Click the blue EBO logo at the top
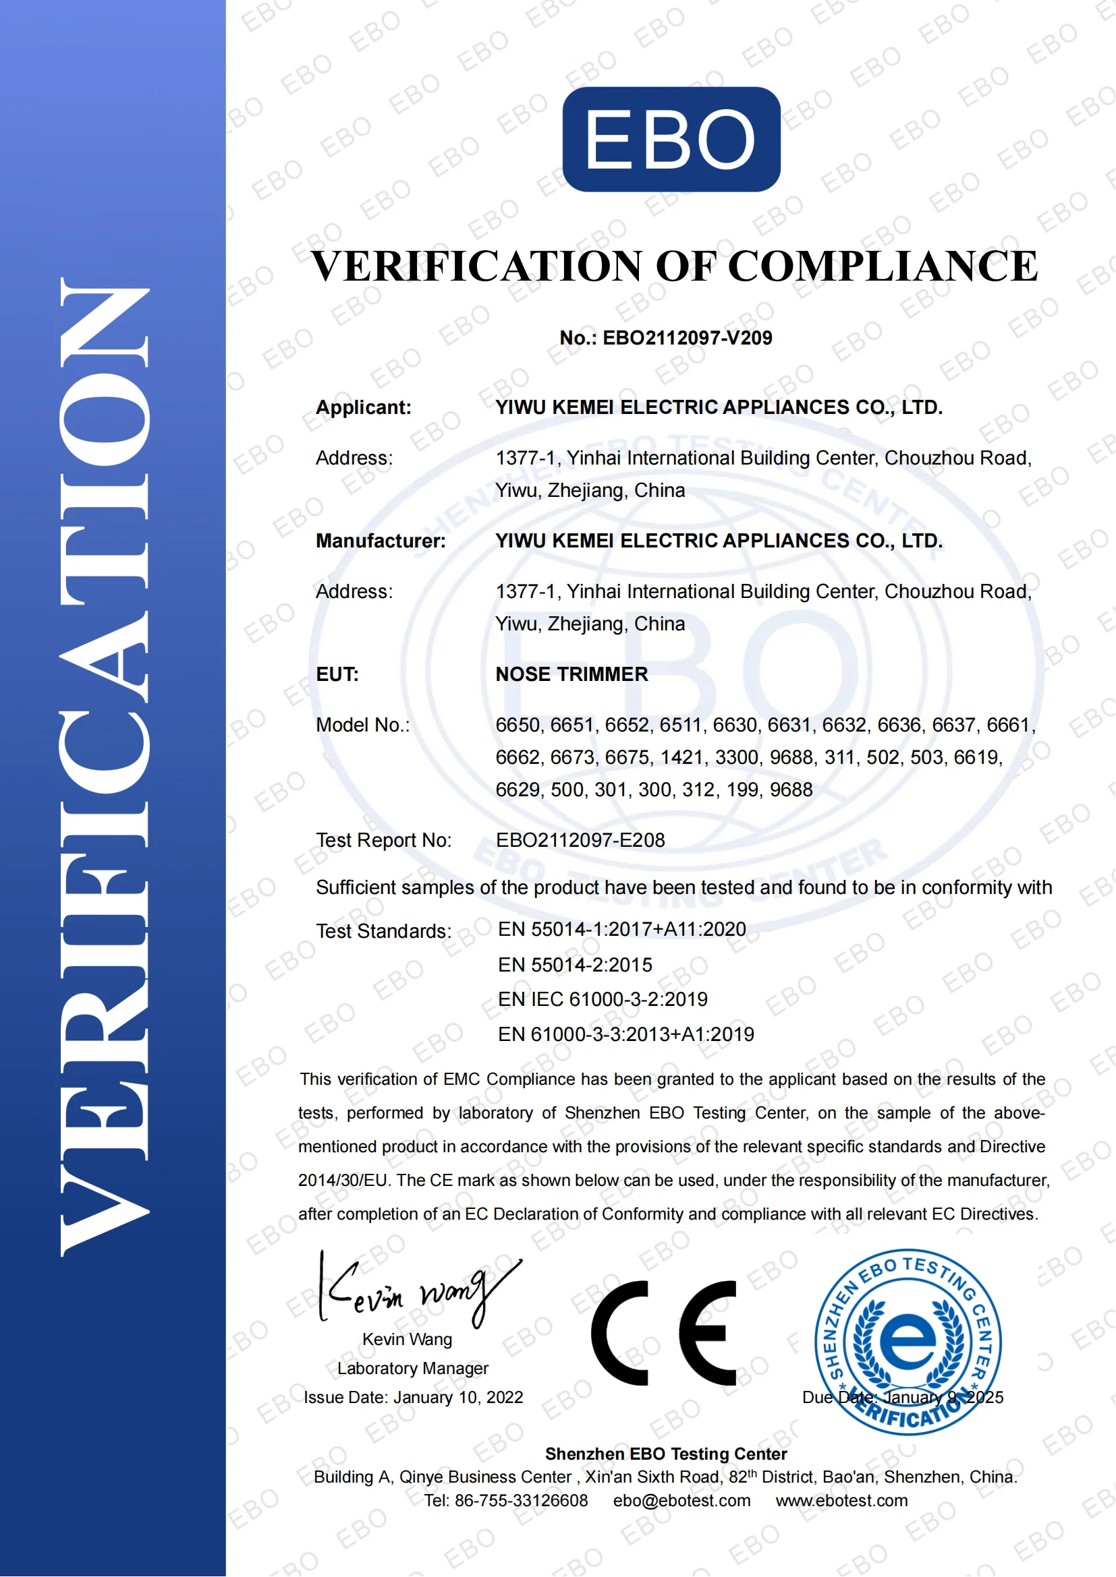671,140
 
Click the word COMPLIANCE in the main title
883,266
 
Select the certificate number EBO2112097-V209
687,338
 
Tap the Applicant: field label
364,407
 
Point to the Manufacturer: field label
381,541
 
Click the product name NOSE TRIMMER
571,674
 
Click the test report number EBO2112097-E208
580,840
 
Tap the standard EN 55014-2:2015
575,965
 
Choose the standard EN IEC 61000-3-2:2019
603,999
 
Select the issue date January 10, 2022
458,1398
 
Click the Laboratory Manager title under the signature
412,1369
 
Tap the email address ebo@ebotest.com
681,1501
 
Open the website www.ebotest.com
842,1501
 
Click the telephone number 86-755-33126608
521,1501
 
